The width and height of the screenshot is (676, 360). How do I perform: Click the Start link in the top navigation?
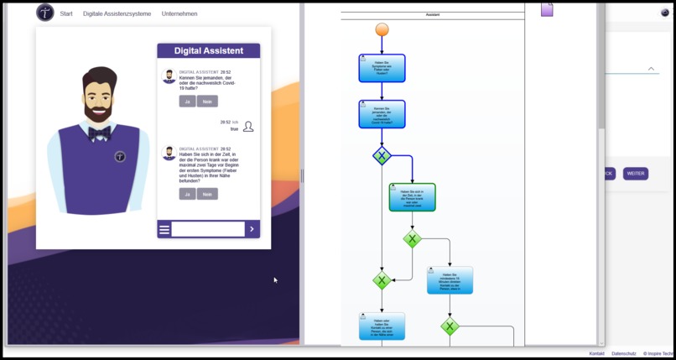[x=66, y=13]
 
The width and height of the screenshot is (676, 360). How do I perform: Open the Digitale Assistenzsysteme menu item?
[x=117, y=13]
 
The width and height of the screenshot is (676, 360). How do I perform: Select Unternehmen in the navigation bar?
[x=179, y=13]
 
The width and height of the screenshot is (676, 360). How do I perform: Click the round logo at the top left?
[x=45, y=13]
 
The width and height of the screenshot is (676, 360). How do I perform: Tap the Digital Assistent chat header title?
[x=209, y=51]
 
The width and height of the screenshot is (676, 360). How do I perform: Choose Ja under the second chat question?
[x=187, y=194]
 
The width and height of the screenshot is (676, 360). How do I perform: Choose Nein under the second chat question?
[x=207, y=194]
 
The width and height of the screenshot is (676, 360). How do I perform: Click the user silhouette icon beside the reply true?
[x=248, y=127]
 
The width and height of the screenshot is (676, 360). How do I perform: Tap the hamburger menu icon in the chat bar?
[x=164, y=229]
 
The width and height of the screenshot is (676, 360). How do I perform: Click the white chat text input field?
[x=207, y=229]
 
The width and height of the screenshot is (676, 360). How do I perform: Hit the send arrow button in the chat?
[x=252, y=229]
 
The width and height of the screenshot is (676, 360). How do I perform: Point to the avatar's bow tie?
[x=100, y=133]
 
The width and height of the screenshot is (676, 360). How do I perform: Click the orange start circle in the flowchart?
[x=382, y=30]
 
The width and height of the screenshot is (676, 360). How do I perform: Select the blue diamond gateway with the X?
[x=382, y=155]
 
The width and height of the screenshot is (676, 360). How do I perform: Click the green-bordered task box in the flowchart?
[x=412, y=197]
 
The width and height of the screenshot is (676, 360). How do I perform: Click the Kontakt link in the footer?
[x=596, y=353]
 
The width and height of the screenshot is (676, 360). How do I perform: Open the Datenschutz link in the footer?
[x=623, y=353]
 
